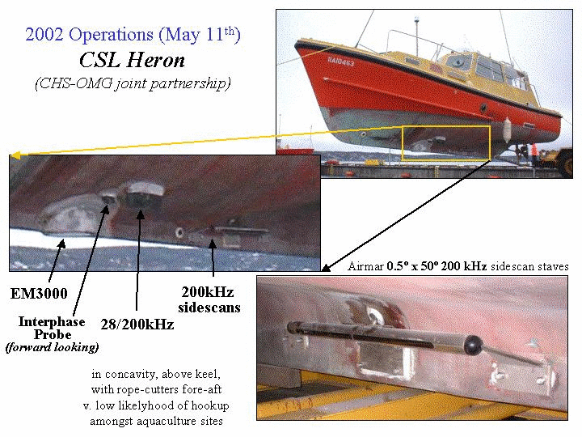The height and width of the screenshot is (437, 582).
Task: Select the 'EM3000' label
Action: point(39,294)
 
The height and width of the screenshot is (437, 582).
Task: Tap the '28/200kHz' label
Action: point(137,325)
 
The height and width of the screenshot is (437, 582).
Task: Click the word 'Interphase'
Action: point(52,322)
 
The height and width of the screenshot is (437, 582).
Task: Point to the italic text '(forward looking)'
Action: point(52,347)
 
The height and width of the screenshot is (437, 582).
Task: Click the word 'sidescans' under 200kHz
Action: point(209,308)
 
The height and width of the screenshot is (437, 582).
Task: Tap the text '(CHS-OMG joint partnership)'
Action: point(133,83)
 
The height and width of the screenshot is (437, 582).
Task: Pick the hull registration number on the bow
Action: point(341,62)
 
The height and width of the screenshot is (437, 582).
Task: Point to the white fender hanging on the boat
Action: point(507,130)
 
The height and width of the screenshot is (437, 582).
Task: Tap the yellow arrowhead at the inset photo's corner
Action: point(15,155)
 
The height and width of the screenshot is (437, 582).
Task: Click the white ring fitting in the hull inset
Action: point(179,233)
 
